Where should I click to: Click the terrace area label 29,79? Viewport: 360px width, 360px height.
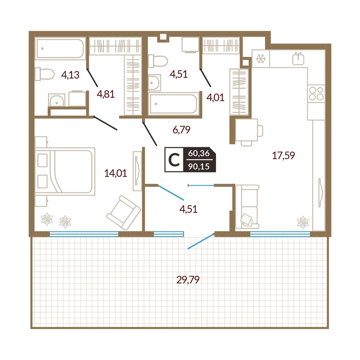click(x=188, y=280)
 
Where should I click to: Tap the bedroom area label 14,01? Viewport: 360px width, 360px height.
click(x=116, y=173)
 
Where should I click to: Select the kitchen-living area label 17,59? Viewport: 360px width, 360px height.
click(x=283, y=156)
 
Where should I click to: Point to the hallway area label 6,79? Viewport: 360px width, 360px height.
click(x=181, y=130)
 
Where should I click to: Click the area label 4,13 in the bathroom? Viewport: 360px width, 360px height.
click(x=70, y=75)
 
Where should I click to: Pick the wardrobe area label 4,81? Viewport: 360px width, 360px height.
click(x=105, y=94)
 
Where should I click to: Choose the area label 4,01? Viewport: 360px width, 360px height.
click(x=215, y=98)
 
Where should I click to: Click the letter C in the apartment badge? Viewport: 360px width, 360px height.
click(x=174, y=160)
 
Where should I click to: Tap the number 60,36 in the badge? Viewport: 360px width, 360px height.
click(x=199, y=153)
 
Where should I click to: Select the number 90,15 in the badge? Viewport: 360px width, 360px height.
click(x=199, y=166)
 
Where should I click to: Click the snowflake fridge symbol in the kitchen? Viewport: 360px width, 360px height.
click(x=261, y=59)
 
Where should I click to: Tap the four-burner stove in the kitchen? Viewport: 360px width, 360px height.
click(x=316, y=94)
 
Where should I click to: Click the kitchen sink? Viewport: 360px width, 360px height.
click(x=298, y=58)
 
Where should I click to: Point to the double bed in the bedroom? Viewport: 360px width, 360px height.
click(x=65, y=171)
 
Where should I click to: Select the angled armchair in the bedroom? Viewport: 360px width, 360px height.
click(x=123, y=213)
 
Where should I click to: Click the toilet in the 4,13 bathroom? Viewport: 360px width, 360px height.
click(x=45, y=74)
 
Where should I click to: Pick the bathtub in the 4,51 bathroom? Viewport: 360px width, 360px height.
click(x=174, y=104)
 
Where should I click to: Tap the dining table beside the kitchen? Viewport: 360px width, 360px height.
click(x=246, y=130)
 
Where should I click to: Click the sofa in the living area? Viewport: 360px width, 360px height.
click(x=247, y=207)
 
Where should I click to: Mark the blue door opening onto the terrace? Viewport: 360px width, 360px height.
click(x=201, y=241)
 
